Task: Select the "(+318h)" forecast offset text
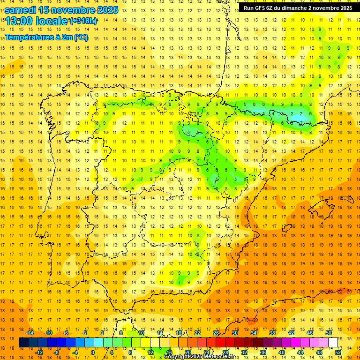(x=83, y=21)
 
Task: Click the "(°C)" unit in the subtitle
(x=81, y=37)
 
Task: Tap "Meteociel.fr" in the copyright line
(x=218, y=357)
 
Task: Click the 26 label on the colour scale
(x=216, y=333)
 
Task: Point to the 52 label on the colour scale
(x=338, y=352)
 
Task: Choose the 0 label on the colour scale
(x=93, y=352)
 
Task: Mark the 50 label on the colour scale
(x=329, y=333)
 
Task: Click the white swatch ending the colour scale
(x=333, y=343)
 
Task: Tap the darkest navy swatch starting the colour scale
(x=24, y=343)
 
